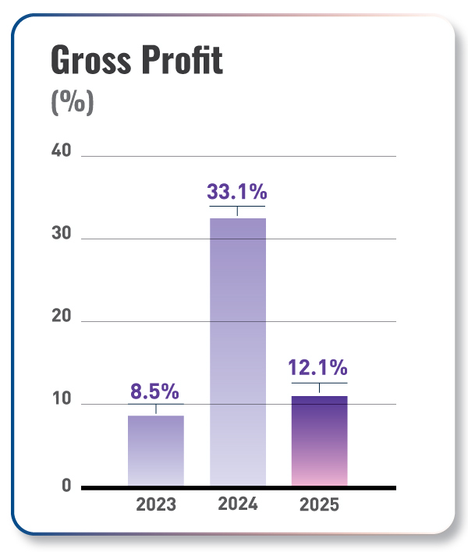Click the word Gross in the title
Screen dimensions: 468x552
(x=91, y=59)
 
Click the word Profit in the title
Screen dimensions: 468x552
(x=183, y=59)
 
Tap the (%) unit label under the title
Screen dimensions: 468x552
(x=73, y=102)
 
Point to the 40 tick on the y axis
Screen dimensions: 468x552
(x=62, y=150)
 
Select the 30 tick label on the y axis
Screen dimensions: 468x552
(x=62, y=233)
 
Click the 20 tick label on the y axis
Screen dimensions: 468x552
(x=62, y=316)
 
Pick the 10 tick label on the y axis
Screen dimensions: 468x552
(x=62, y=398)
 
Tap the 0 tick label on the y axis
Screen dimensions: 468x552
(x=66, y=486)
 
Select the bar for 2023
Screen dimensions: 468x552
(x=156, y=451)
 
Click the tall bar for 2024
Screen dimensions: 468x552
(x=238, y=352)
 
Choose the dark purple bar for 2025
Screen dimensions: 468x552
(x=319, y=441)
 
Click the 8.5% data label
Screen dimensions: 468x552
(x=155, y=391)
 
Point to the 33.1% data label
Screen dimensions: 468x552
(x=237, y=192)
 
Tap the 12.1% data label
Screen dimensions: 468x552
(x=318, y=367)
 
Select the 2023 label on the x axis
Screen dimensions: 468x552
(x=156, y=504)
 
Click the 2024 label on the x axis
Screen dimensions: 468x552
(x=238, y=504)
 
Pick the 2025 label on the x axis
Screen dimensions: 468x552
(x=319, y=504)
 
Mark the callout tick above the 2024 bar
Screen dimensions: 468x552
(x=237, y=211)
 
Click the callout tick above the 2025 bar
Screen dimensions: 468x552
(x=319, y=387)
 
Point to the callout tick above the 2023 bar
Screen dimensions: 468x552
(x=156, y=409)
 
